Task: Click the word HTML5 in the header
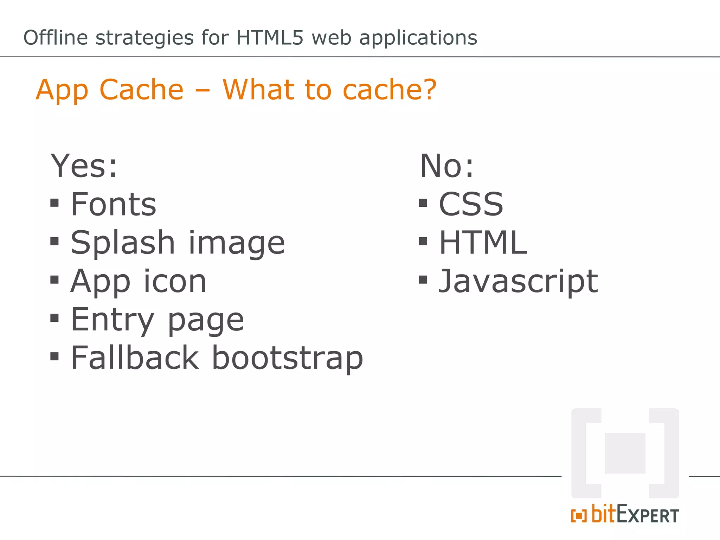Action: click(269, 38)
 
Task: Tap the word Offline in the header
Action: click(56, 38)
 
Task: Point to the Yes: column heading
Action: click(84, 166)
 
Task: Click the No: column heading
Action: click(447, 166)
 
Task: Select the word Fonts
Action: click(114, 204)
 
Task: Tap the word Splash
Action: click(123, 243)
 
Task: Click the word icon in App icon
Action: click(175, 281)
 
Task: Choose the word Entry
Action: click(112, 320)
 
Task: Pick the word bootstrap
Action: click(287, 358)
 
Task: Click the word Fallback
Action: click(135, 358)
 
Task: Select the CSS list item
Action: click(471, 204)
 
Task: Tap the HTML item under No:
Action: click(483, 243)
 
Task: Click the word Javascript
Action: click(518, 281)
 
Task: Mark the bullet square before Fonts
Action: click(54, 203)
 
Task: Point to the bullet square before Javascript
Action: click(423, 280)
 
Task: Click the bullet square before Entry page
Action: click(54, 318)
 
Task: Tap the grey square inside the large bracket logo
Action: click(625, 453)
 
